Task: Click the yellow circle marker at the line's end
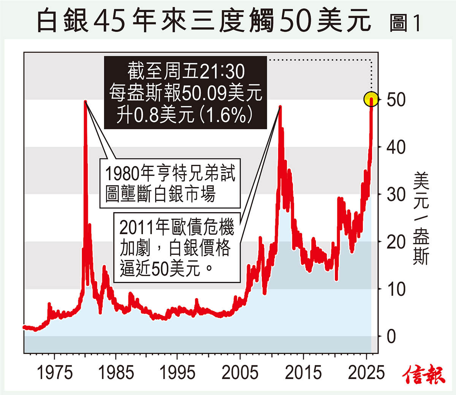[371, 99]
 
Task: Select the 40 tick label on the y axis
[396, 147]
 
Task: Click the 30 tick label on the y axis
[396, 195]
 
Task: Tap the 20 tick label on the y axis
[396, 242]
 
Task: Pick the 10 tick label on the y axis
[396, 289]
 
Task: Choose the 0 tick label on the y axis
[391, 336]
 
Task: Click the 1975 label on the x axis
[55, 373]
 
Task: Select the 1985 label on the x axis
[116, 373]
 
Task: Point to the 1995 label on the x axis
[177, 373]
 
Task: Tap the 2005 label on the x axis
[240, 373]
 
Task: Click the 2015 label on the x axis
[303, 373]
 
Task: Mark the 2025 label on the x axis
[366, 373]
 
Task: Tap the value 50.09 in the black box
[205, 93]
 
